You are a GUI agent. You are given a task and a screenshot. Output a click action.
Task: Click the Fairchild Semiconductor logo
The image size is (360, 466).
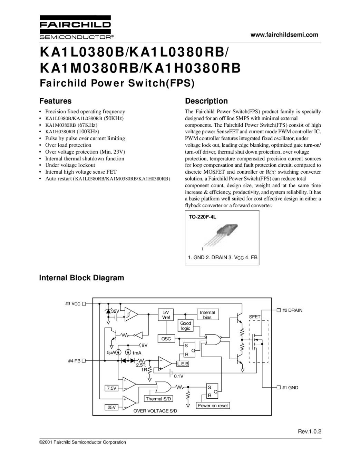75,27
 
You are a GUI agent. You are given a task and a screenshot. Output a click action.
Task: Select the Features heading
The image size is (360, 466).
55,101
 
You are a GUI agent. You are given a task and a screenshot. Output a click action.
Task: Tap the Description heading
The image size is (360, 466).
206,101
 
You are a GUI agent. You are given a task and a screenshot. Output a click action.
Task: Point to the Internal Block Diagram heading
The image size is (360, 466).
81,278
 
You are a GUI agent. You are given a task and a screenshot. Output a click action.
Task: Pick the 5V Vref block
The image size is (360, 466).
166,314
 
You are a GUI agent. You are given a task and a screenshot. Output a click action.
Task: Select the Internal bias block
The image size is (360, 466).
207,314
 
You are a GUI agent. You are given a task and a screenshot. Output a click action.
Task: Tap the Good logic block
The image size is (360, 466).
186,326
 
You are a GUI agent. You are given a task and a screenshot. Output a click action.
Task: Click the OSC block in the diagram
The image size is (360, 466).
166,339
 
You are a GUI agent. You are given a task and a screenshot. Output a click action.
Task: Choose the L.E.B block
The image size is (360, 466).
183,364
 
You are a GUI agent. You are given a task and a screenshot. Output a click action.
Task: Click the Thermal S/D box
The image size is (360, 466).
159,399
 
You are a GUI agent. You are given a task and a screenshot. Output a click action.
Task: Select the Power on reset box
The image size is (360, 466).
213,406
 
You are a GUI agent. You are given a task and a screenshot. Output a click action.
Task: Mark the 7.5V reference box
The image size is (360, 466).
111,388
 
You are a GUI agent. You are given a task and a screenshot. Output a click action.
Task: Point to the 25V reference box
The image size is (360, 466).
111,407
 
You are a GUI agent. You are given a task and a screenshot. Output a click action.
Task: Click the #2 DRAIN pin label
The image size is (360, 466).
292,310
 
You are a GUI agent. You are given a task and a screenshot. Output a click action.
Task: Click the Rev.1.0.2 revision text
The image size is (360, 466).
310,431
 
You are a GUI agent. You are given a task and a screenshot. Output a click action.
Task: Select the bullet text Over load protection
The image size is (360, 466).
68,145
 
